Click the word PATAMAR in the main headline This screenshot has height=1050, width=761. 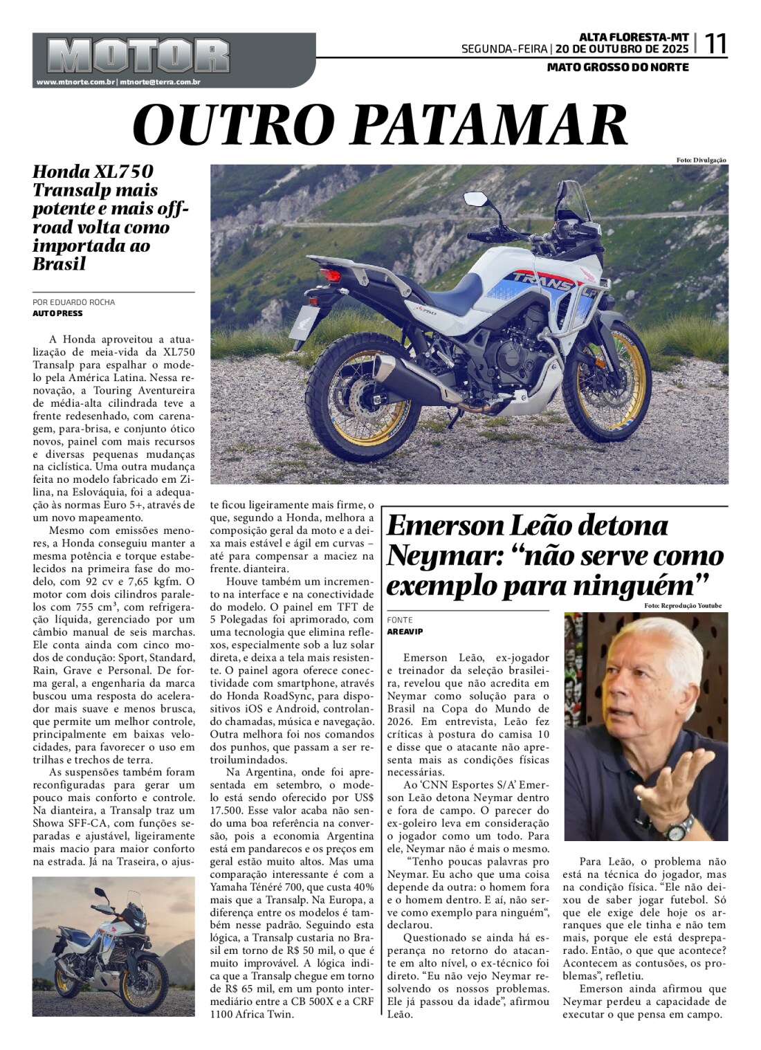(495, 125)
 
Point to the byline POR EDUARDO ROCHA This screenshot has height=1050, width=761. (73, 302)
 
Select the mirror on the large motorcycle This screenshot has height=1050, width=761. (477, 199)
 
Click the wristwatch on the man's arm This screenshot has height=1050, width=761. (682, 825)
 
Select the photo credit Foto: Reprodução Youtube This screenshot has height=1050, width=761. (682, 606)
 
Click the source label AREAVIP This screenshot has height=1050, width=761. (405, 632)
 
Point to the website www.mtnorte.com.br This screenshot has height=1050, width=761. (75, 82)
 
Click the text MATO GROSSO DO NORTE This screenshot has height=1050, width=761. (618, 67)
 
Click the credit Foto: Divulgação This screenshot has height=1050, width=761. (701, 160)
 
